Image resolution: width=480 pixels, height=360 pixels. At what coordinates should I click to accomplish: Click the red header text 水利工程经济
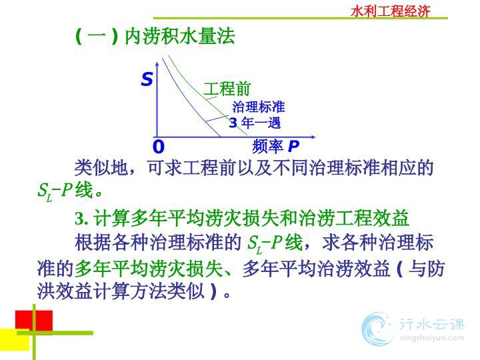(390, 11)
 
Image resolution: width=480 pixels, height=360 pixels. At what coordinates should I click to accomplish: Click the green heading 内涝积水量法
(180, 37)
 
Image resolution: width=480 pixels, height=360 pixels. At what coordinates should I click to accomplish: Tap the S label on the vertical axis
(147, 79)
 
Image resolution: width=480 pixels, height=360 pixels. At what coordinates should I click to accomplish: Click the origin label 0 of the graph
(159, 147)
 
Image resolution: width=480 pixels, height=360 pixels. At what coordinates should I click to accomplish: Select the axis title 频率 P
(275, 146)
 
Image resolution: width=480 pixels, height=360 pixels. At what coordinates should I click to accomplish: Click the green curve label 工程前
(227, 89)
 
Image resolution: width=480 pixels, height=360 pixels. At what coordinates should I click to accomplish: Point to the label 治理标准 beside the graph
(259, 107)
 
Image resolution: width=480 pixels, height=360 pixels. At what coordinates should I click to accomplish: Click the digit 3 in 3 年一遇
(233, 123)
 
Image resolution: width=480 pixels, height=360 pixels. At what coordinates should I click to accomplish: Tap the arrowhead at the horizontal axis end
(313, 137)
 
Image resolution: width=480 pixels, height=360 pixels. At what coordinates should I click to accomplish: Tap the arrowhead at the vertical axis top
(157, 63)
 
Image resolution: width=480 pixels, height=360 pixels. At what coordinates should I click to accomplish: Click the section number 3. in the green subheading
(82, 218)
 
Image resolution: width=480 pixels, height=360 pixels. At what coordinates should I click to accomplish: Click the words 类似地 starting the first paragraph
(101, 168)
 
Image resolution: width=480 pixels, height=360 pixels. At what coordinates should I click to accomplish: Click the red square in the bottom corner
(34, 320)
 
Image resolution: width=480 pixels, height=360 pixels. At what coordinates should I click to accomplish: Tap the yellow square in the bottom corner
(15, 339)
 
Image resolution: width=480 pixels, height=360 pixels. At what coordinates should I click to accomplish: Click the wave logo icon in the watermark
(377, 329)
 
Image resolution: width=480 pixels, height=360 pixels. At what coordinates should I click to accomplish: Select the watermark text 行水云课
(432, 324)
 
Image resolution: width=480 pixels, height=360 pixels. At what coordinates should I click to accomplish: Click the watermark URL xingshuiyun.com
(432, 338)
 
